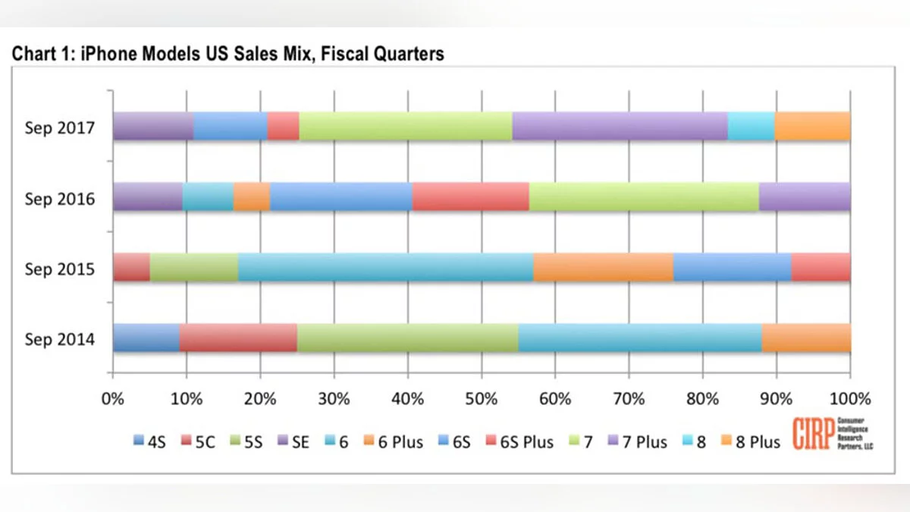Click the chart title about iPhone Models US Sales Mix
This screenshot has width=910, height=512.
tap(227, 54)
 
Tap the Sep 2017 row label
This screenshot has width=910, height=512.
tap(60, 127)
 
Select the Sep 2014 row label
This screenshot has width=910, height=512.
tap(60, 338)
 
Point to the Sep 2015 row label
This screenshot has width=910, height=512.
tap(60, 269)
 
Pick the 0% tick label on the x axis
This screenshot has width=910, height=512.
tap(112, 398)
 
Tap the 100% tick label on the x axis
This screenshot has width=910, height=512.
tap(850, 398)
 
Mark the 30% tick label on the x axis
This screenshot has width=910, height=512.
tap(334, 398)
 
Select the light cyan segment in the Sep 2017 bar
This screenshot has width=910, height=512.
tap(751, 126)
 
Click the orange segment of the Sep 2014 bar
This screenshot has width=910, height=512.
tap(805, 338)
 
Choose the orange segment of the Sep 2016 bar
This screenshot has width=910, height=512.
tap(251, 196)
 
